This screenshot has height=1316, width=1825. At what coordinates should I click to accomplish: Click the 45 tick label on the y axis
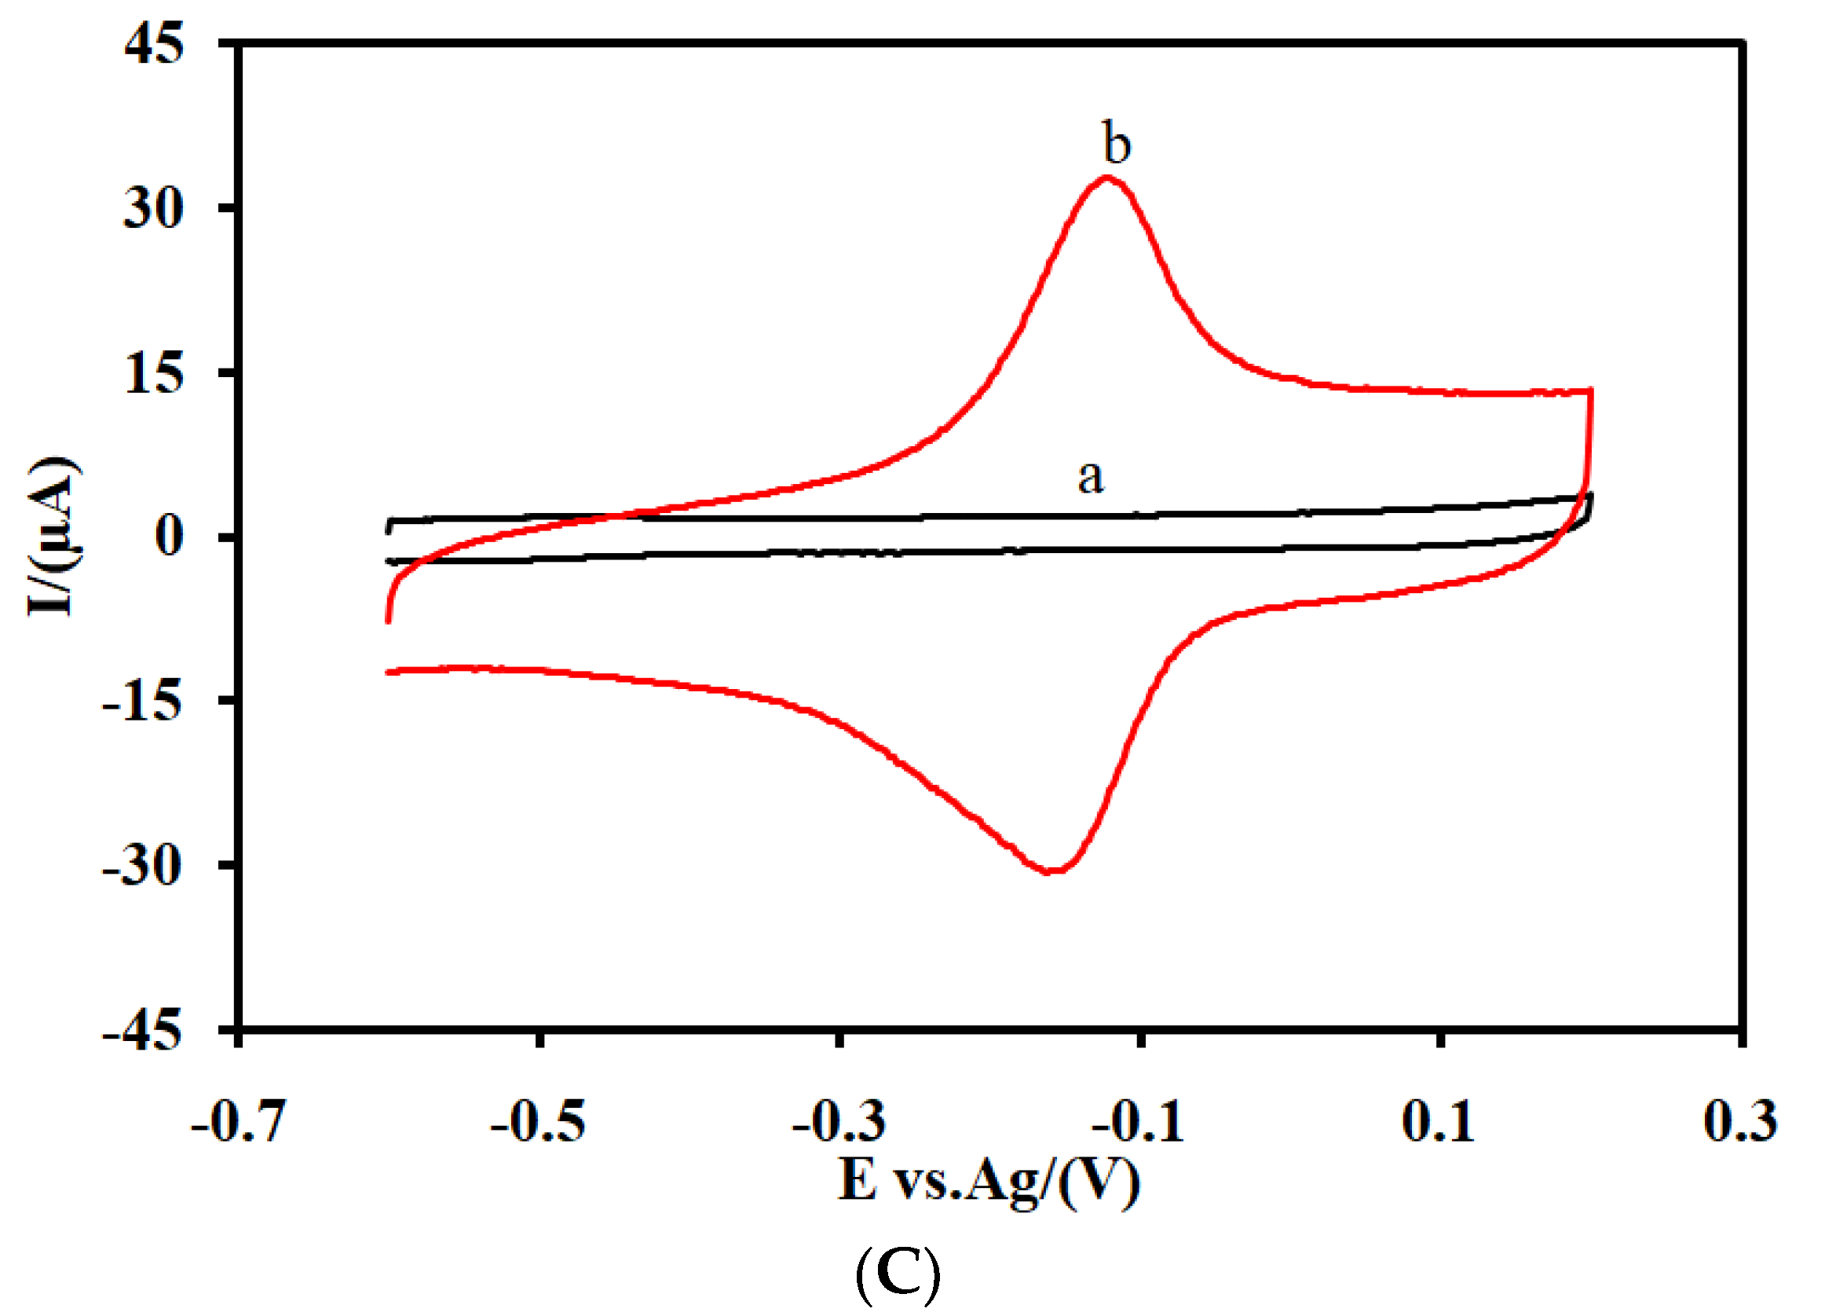154,43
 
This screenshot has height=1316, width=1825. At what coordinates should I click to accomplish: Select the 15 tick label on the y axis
154,374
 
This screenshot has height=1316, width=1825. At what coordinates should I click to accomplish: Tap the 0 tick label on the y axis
169,537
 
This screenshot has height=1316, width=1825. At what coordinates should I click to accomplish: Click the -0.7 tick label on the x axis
238,1121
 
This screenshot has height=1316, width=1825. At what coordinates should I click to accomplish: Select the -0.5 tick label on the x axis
539,1121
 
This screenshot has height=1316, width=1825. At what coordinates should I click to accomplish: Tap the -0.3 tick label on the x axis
839,1121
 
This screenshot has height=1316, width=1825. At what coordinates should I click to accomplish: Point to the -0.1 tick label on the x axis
1139,1121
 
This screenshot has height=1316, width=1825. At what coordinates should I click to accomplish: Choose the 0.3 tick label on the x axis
1739,1121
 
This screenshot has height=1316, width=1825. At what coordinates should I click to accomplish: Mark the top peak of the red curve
1108,177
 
